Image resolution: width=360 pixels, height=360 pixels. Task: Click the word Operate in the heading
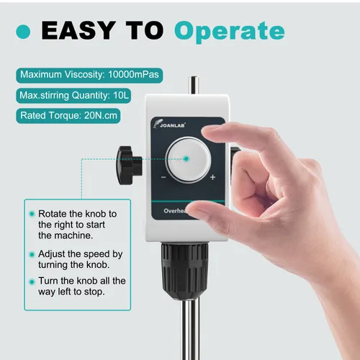(230, 32)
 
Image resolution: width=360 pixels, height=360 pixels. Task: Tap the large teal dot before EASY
(23, 32)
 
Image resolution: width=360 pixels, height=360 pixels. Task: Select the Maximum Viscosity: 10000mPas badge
(89, 76)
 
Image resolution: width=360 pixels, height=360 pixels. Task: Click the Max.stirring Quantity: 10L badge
(73, 96)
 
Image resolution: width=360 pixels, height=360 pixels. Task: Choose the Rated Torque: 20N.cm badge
(68, 116)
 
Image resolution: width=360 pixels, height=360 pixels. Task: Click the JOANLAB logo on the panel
(170, 124)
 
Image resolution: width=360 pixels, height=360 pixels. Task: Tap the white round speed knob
(189, 160)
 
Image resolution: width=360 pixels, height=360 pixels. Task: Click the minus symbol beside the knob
(163, 177)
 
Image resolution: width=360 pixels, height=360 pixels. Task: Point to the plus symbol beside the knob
(212, 177)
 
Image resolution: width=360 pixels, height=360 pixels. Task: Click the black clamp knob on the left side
(129, 166)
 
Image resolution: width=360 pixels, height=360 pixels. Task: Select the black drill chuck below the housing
(184, 271)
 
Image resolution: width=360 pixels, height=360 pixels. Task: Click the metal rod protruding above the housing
(194, 86)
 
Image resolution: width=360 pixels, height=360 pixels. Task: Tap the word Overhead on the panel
(175, 211)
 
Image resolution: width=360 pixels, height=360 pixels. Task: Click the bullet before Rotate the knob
(32, 214)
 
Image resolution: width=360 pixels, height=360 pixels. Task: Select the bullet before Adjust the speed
(32, 254)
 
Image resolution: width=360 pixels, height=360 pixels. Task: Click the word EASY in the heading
(78, 30)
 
